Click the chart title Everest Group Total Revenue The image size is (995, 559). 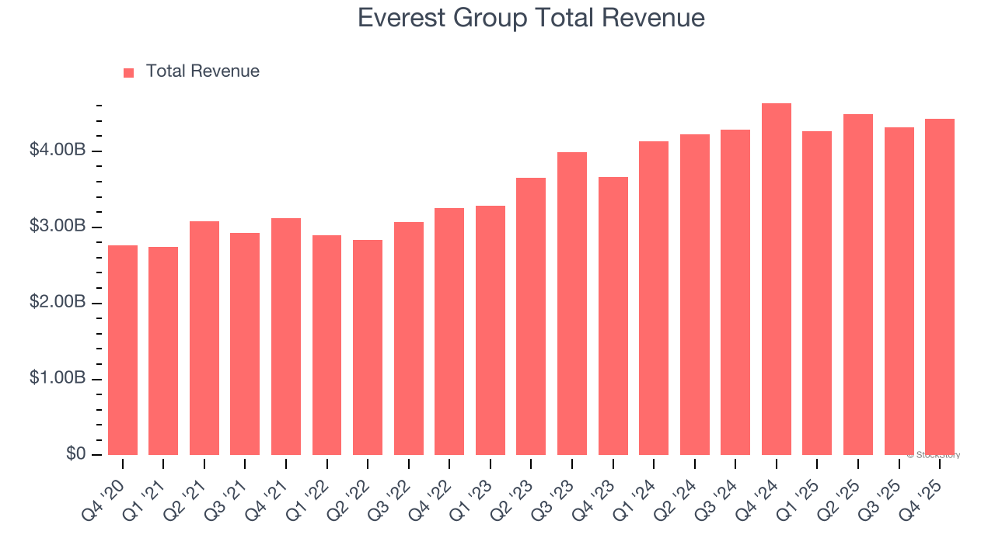tap(531, 18)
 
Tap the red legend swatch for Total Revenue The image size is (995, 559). tap(129, 72)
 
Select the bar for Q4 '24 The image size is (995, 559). tap(776, 279)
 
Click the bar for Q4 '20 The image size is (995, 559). tap(123, 350)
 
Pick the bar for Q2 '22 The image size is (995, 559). tap(368, 347)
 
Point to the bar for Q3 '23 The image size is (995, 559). tap(572, 304)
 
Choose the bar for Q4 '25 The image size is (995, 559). tap(940, 287)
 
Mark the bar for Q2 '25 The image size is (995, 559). tap(858, 285)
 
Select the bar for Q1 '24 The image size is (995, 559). tap(654, 298)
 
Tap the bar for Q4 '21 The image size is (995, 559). tap(286, 336)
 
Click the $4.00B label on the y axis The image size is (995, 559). tap(58, 150)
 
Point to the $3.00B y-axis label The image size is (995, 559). tap(58, 226)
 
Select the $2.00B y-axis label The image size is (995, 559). tap(58, 302)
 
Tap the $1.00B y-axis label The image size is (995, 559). tap(58, 378)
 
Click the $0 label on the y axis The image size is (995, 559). tap(75, 453)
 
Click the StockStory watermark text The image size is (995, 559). tap(934, 455)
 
